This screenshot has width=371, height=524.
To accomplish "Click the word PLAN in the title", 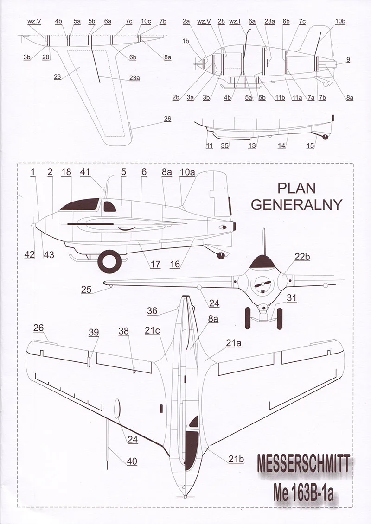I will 296,188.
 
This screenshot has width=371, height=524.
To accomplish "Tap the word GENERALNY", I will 296,204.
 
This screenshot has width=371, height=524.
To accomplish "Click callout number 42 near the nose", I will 30,254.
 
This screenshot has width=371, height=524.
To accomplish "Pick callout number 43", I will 49,254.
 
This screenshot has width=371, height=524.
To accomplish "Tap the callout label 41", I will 85,172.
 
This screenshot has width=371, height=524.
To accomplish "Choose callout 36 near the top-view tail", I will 153,311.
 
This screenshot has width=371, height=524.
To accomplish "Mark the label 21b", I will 235,459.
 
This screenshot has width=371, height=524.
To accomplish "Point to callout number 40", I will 132,461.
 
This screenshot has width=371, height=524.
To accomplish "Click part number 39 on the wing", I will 94,332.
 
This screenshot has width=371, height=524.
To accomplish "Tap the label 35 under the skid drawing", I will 225,145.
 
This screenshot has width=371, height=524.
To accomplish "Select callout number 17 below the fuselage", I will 155,265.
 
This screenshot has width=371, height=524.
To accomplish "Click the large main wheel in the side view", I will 109,261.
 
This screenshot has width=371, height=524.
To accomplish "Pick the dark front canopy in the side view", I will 81,205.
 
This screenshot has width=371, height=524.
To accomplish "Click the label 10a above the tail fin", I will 187,172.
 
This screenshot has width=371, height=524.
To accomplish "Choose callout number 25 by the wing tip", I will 86,290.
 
